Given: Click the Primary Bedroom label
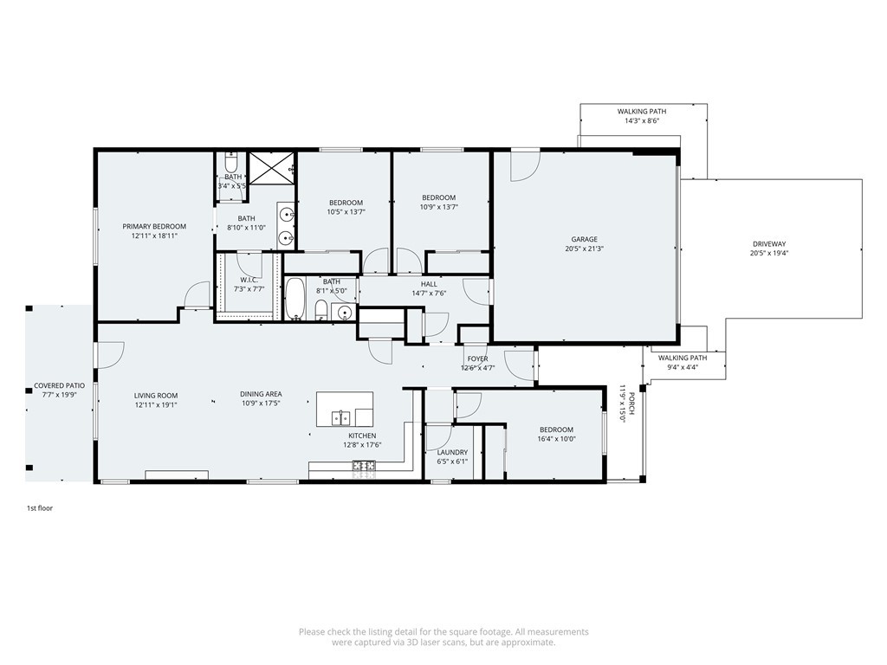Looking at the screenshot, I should pos(154,226).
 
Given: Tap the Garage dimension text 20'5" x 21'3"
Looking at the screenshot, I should pos(584,249).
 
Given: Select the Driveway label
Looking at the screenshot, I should pos(769,244).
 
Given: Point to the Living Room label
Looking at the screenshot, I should pos(156,395).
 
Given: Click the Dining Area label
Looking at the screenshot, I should pos(261,394).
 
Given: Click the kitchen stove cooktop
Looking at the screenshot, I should pos(364,466).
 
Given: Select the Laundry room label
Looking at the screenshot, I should pos(452,452).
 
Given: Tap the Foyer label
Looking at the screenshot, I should pos(477,358).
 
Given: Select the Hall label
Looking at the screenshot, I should pos(429,284).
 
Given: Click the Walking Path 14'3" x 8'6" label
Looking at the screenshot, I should pos(642,112).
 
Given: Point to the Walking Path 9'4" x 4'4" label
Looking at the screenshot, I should pos(683,358).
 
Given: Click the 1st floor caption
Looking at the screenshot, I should pos(40,508).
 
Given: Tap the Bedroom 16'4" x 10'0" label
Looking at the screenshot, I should pos(556,429).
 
